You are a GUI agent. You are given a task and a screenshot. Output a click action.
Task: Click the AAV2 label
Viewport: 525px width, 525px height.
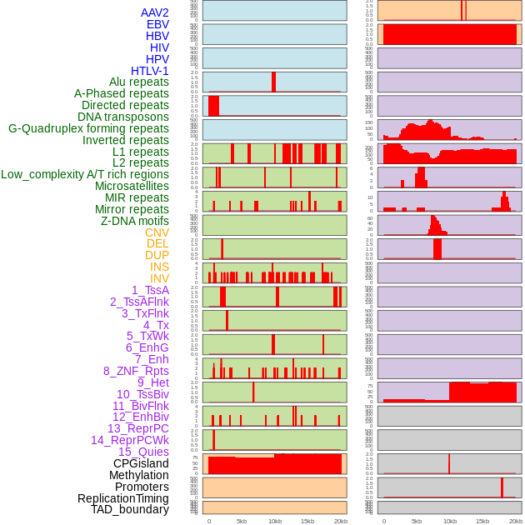coord(155,13)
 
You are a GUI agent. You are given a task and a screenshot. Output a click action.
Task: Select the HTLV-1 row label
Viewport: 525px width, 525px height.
coord(150,71)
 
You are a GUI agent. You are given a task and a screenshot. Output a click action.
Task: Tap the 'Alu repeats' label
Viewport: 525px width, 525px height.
coord(139,82)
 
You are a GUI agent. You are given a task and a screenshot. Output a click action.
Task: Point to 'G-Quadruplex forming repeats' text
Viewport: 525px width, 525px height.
coord(89,128)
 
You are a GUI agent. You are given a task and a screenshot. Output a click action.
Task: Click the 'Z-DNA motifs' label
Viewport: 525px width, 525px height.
coord(135,221)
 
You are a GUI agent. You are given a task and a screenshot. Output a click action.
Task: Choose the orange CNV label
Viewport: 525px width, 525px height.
coord(157,232)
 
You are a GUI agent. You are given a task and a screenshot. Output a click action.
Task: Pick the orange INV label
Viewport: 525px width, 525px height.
coord(159,278)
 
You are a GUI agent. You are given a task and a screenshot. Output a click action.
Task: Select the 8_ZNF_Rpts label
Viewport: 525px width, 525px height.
coord(136,371)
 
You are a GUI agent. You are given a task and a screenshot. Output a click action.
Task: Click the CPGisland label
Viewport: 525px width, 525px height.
coord(141,463)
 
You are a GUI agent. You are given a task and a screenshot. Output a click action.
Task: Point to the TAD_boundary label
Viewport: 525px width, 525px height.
coord(130,509)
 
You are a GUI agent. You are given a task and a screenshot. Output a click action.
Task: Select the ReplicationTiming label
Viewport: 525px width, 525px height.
coord(123,498)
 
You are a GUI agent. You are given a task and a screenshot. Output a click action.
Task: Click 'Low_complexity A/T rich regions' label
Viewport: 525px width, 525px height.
coord(85,174)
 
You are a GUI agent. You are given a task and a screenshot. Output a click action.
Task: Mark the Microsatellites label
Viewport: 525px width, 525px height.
coord(132,186)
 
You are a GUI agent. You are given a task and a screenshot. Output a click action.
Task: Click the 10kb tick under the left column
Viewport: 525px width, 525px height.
coord(274,521)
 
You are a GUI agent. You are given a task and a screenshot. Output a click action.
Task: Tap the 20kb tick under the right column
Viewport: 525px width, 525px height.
coord(516,521)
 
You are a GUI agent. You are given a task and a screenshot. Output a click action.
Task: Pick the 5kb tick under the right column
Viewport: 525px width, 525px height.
coord(417,521)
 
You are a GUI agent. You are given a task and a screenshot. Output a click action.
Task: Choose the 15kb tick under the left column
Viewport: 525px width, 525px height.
coord(307,521)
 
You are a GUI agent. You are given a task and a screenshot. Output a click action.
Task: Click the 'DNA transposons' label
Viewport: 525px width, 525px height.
coord(123,117)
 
